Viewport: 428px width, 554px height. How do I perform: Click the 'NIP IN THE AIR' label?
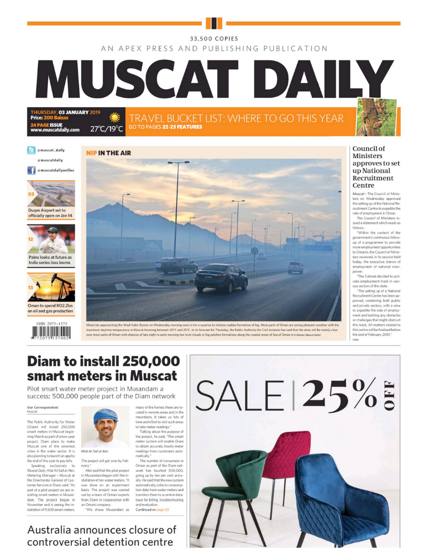click(109, 153)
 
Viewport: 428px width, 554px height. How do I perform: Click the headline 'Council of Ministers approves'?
click(371, 167)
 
